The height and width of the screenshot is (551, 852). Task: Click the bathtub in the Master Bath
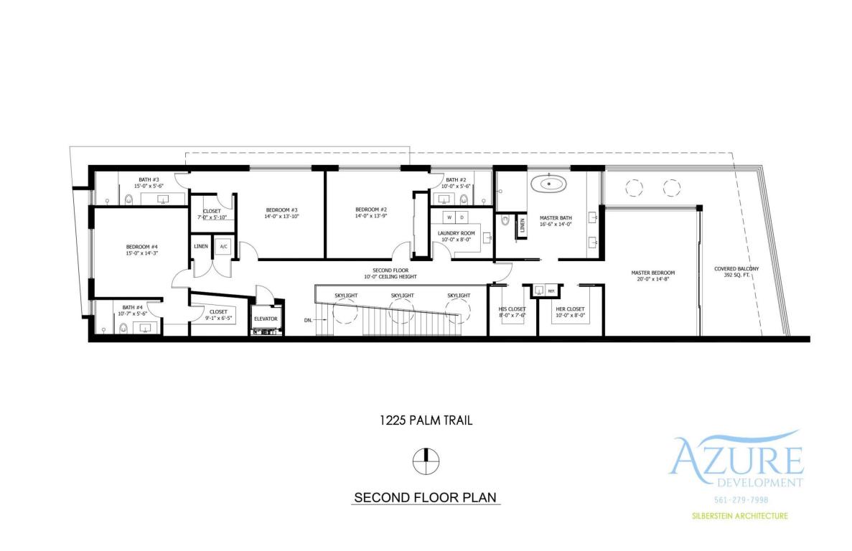click(x=548, y=184)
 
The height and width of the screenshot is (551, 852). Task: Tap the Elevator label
click(x=265, y=319)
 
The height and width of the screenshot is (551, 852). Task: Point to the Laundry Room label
click(x=457, y=233)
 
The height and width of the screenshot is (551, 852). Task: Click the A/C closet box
click(x=223, y=247)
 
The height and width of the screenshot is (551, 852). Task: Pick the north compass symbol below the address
click(x=426, y=460)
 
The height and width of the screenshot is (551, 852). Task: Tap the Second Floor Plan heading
click(x=426, y=497)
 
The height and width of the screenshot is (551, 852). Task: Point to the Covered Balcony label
click(x=736, y=269)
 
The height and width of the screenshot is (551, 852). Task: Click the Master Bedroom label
click(x=652, y=273)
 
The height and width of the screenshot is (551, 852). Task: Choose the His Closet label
click(x=512, y=309)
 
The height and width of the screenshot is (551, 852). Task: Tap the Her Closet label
click(x=570, y=309)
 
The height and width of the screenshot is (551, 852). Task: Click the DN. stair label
click(x=308, y=319)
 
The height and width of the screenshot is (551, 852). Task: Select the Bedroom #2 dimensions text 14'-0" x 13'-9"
click(x=370, y=215)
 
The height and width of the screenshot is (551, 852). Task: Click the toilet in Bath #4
click(x=123, y=329)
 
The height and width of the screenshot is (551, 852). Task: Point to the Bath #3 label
click(x=149, y=179)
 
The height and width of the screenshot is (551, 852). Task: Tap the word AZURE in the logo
click(x=736, y=458)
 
